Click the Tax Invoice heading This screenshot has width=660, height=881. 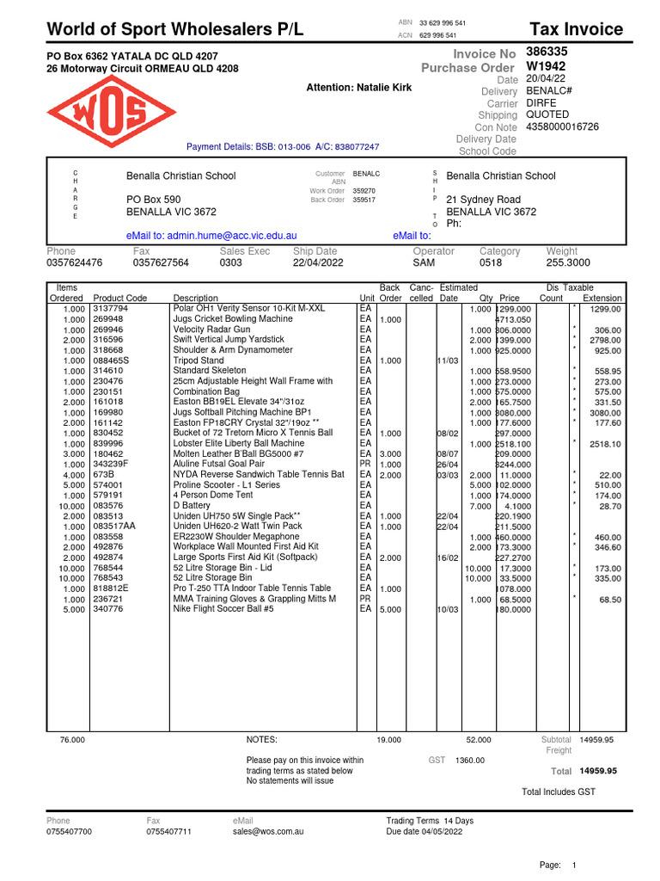[x=576, y=29]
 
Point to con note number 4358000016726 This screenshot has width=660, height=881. [x=562, y=126]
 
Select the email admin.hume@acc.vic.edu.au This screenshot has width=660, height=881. [x=211, y=235]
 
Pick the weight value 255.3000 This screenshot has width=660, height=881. [x=568, y=263]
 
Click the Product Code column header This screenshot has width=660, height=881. [x=120, y=298]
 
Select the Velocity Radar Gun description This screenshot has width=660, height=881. [x=211, y=330]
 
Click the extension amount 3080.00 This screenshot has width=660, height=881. [x=605, y=412]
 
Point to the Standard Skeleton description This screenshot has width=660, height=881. [x=211, y=371]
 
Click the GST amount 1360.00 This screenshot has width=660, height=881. [x=470, y=761]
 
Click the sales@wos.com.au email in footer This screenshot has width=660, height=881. [x=268, y=832]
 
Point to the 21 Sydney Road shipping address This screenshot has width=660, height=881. [x=483, y=200]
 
